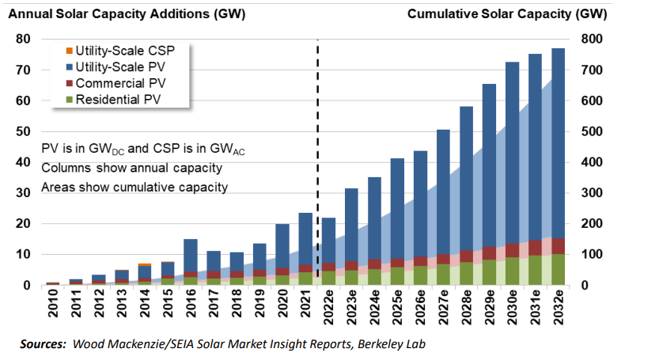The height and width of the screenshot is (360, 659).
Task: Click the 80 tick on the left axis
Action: (x=22, y=39)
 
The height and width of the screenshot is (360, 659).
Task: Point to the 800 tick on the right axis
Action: (x=593, y=39)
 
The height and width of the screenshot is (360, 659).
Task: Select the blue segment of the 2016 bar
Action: (x=190, y=255)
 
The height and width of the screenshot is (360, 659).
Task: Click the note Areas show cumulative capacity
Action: (x=134, y=188)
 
